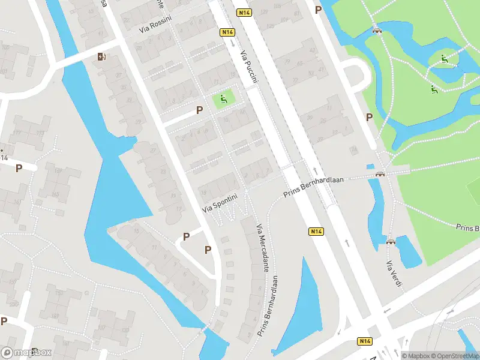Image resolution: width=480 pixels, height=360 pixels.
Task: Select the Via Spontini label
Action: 220,203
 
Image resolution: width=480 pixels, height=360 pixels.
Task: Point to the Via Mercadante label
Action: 262,248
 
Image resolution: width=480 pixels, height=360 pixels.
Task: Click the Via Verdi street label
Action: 393,274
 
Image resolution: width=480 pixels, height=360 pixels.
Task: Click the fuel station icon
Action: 101,57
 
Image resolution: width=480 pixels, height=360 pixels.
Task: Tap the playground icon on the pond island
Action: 445,59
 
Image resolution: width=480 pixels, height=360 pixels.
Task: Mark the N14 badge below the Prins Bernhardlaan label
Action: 317,231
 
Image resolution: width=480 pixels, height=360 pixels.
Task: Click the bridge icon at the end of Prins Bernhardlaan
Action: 379,174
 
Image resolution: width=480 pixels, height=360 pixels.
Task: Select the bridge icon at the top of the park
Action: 377,30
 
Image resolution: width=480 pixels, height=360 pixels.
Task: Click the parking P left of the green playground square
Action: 200,110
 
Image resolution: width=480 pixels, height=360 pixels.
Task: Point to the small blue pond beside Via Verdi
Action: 409,252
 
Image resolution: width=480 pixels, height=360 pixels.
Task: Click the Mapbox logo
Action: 26,353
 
